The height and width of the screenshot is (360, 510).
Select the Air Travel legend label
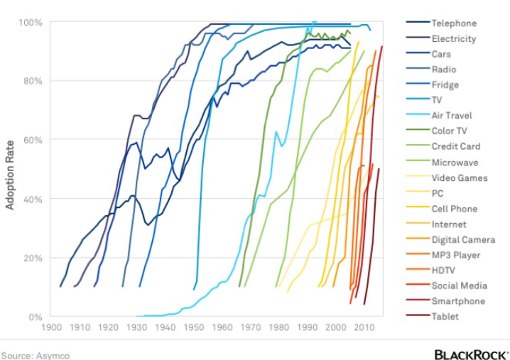coord(452,116)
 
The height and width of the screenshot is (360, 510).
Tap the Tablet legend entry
coord(445,316)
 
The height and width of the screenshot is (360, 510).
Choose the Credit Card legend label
coord(456,146)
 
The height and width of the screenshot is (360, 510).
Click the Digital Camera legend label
coord(463,240)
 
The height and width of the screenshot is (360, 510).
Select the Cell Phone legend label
coord(455,209)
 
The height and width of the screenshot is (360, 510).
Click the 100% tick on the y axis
coord(31,23)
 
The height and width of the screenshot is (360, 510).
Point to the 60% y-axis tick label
coord(33,140)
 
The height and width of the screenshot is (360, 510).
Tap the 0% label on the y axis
coord(35,317)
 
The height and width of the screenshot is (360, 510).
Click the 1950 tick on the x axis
coord(193,327)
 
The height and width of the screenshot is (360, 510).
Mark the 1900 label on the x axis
coord(52,327)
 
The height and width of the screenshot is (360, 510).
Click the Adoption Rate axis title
coord(10,175)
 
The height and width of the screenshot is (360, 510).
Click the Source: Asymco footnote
coord(35,356)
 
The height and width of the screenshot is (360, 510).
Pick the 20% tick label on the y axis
coord(33,258)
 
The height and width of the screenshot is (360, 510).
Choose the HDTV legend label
coord(443,271)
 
